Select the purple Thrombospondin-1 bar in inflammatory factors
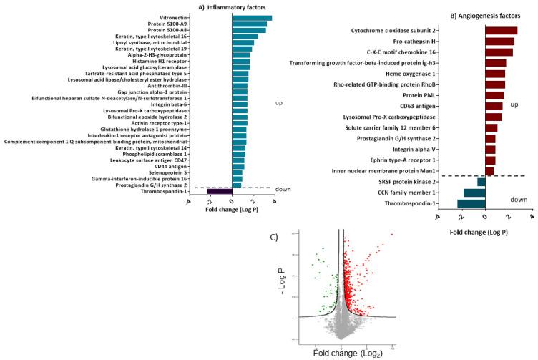220,191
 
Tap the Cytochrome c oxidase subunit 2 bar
501,31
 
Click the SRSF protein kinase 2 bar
481,182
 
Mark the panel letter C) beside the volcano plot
275,237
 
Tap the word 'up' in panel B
514,105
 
